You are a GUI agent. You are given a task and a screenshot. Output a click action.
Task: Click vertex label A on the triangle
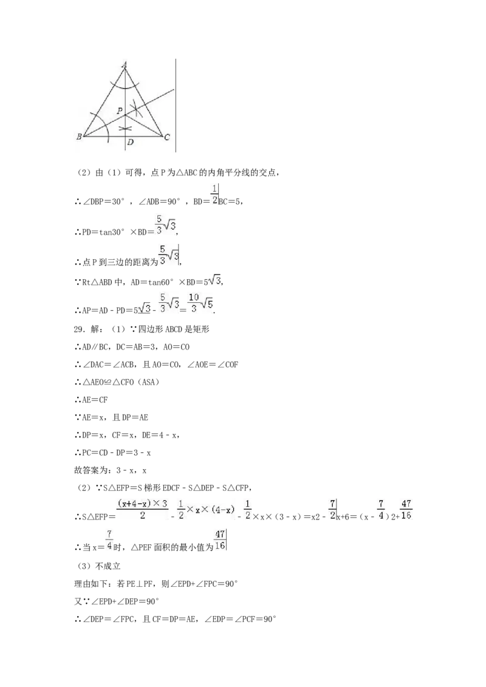click(125, 65)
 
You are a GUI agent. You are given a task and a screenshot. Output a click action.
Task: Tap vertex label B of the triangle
click(79, 137)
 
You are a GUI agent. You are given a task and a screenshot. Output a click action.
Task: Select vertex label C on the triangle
click(167, 137)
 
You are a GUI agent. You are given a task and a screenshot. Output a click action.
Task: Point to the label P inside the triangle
click(119, 111)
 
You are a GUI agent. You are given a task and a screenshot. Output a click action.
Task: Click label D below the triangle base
click(130, 142)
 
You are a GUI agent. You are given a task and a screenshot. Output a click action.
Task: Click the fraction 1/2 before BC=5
click(214, 195)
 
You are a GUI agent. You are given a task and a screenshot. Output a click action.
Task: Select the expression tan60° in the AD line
click(161, 283)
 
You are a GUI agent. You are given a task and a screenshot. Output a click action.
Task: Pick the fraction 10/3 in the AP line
click(194, 303)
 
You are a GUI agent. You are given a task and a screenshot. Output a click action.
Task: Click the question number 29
click(79, 329)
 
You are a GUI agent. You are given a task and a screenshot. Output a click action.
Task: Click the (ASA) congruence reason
click(148, 382)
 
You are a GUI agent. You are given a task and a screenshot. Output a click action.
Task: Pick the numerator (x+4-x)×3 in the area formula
click(143, 504)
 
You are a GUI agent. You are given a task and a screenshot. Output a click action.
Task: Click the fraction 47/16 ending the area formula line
click(406, 510)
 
